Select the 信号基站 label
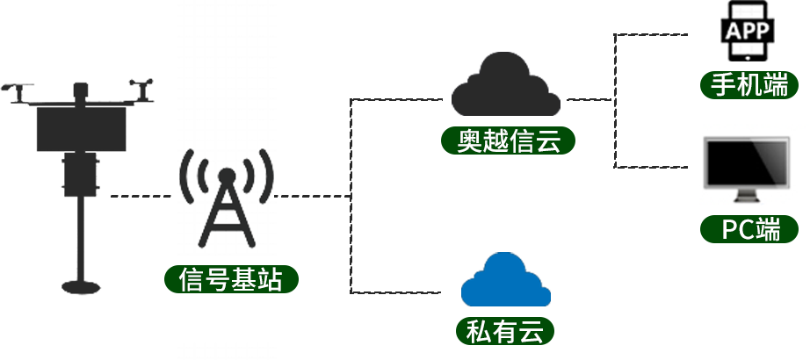(230, 280)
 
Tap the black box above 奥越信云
(506, 84)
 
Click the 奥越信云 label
(509, 141)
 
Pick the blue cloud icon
(506, 280)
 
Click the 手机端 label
(749, 85)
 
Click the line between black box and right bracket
(589, 99)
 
